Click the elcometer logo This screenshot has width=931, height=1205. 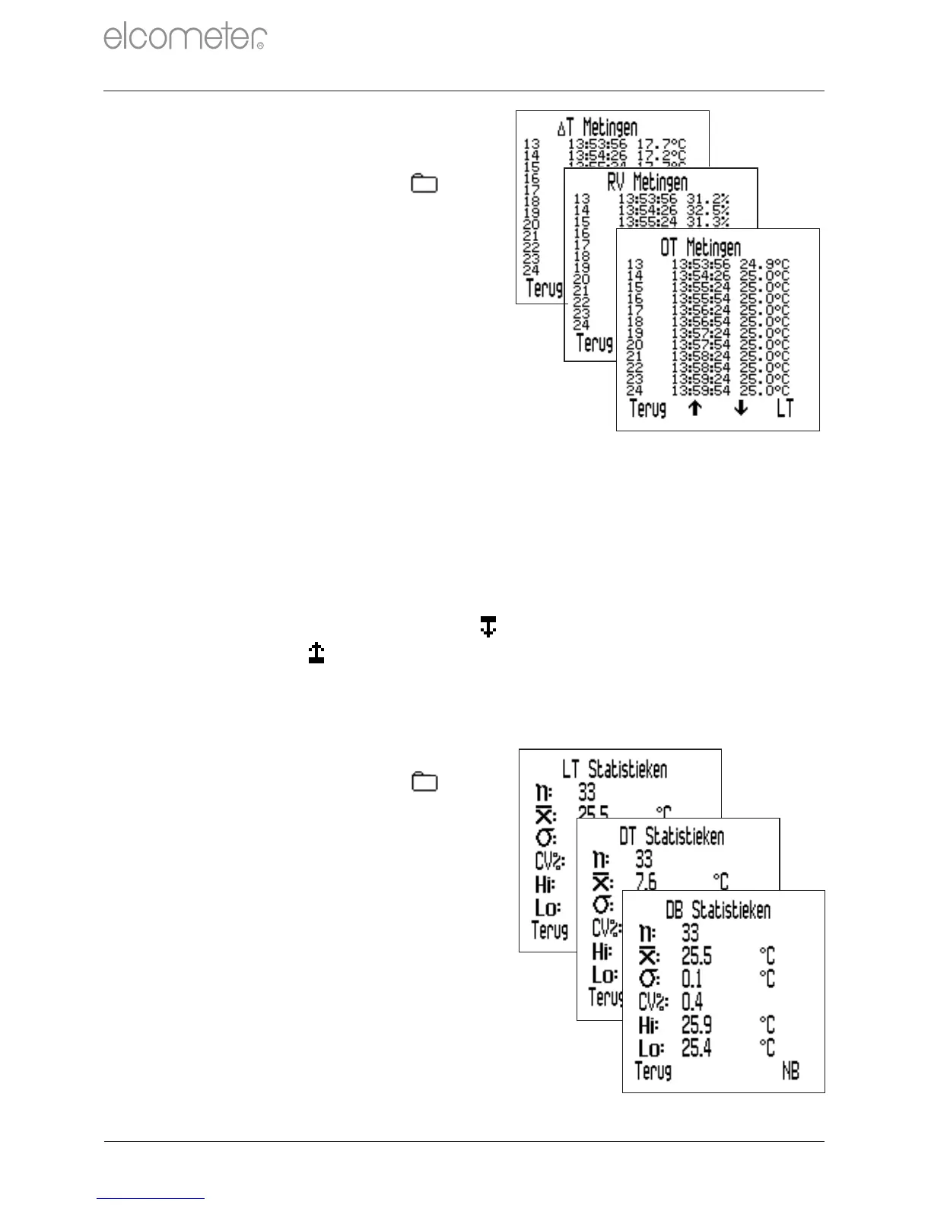click(185, 37)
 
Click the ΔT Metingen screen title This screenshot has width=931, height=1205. click(597, 127)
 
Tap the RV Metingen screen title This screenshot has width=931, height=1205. click(647, 183)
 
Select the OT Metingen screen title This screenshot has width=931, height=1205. click(701, 247)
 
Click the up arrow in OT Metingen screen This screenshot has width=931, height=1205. click(694, 409)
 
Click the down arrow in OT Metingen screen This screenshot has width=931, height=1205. click(741, 409)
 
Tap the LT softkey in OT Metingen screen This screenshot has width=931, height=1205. click(785, 409)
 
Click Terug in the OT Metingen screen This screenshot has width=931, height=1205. click(647, 409)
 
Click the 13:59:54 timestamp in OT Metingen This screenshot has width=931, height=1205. click(701, 391)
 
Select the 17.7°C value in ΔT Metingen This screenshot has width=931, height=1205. click(661, 144)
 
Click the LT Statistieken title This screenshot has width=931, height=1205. click(615, 769)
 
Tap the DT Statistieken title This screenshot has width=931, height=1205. click(672, 837)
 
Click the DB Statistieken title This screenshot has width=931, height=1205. click(718, 910)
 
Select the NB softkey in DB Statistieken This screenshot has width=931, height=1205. click(791, 1072)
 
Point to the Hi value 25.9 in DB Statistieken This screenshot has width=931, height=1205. click(697, 1025)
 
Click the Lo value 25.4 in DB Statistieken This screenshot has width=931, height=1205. click(697, 1048)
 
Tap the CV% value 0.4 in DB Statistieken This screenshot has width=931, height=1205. click(692, 1001)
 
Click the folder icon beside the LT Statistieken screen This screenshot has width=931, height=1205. click(424, 782)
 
